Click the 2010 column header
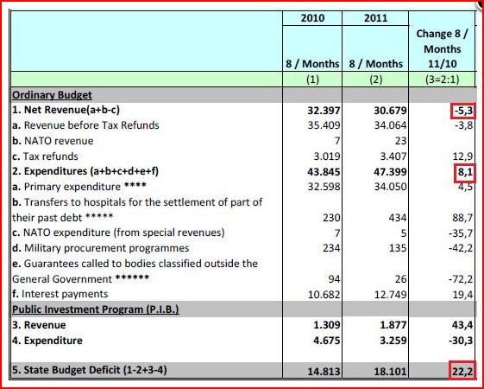coord(312,18)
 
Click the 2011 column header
coord(375,18)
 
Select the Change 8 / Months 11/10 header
coord(442,48)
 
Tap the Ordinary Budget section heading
coord(52,95)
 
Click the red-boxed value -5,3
coord(462,111)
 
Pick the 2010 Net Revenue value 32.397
coord(324,111)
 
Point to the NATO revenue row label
coord(53,141)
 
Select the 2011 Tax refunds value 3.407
coord(393,156)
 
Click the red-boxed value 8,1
coord(464,172)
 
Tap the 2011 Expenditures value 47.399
coord(390,172)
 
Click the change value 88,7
coord(461,218)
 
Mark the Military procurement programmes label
coord(101,248)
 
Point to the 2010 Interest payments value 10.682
coord(324,295)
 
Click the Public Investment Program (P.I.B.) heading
coord(96,309)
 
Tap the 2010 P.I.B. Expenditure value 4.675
coord(327,341)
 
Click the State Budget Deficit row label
coord(90,370)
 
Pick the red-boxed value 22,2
coord(462,371)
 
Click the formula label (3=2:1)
coord(442,80)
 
